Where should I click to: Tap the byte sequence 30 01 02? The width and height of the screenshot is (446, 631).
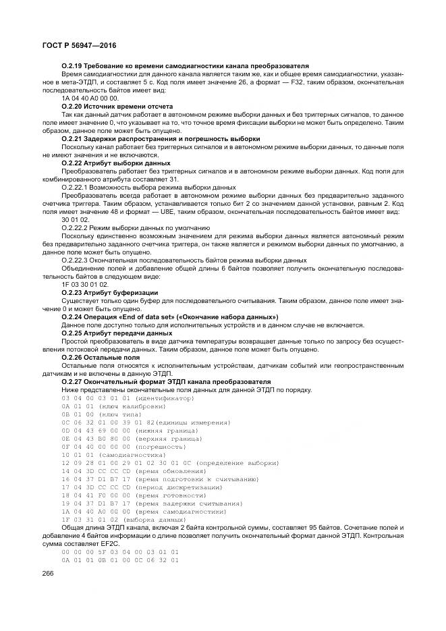click(x=75, y=220)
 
